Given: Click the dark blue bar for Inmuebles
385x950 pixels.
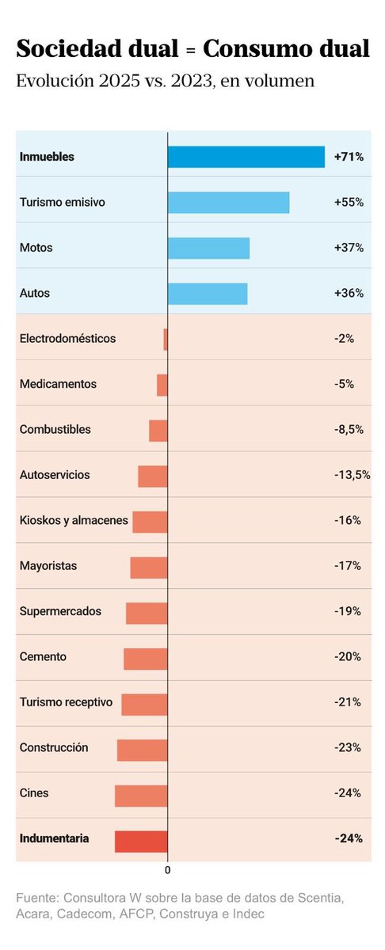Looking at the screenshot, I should pyautogui.click(x=246, y=157).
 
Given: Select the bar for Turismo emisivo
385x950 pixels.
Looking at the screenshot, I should pyautogui.click(x=228, y=203).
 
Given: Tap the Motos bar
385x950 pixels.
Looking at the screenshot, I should pyautogui.click(x=208, y=248).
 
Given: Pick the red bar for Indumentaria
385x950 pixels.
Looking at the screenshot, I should pyautogui.click(x=141, y=842).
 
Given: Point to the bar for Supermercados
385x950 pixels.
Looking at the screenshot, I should pyautogui.click(x=147, y=614).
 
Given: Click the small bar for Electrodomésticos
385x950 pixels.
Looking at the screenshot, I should pyautogui.click(x=166, y=339).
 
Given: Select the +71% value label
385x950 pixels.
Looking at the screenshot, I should pyautogui.click(x=349, y=157).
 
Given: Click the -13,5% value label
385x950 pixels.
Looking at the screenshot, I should pyautogui.click(x=352, y=475).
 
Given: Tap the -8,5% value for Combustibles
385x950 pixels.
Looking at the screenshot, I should pyautogui.click(x=349, y=430).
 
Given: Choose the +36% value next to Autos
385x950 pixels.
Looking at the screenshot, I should pyautogui.click(x=349, y=293).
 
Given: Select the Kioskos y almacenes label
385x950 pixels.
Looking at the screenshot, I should pyautogui.click(x=74, y=521).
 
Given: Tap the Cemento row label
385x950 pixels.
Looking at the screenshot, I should pyautogui.click(x=43, y=657).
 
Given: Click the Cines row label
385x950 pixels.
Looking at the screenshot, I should pyautogui.click(x=34, y=793).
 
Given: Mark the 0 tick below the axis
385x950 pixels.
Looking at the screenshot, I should pyautogui.click(x=168, y=870).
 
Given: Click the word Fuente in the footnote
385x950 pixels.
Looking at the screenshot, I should pyautogui.click(x=37, y=899).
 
